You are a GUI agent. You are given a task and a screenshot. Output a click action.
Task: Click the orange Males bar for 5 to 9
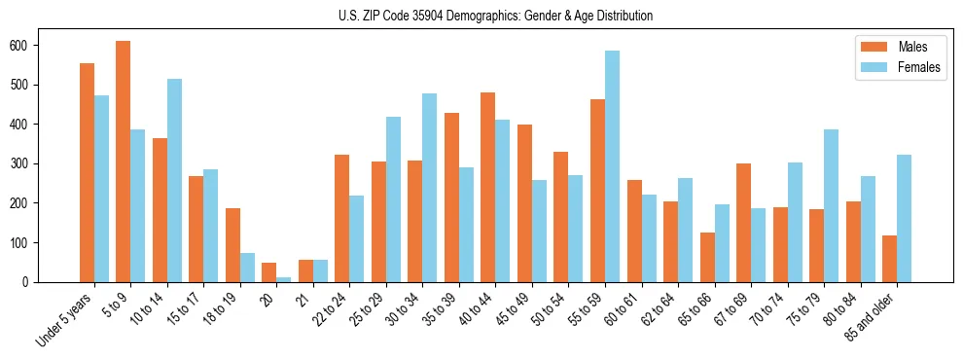coord(124,162)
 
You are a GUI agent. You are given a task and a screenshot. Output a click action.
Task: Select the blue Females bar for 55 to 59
coord(612,166)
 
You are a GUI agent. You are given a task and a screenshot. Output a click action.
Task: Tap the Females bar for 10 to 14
coord(174,180)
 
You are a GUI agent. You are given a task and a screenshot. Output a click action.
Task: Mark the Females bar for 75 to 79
coord(831,205)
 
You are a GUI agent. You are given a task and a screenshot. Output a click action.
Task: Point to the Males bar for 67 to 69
coord(743,223)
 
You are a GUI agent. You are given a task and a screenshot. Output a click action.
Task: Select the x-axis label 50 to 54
coord(551,310)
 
